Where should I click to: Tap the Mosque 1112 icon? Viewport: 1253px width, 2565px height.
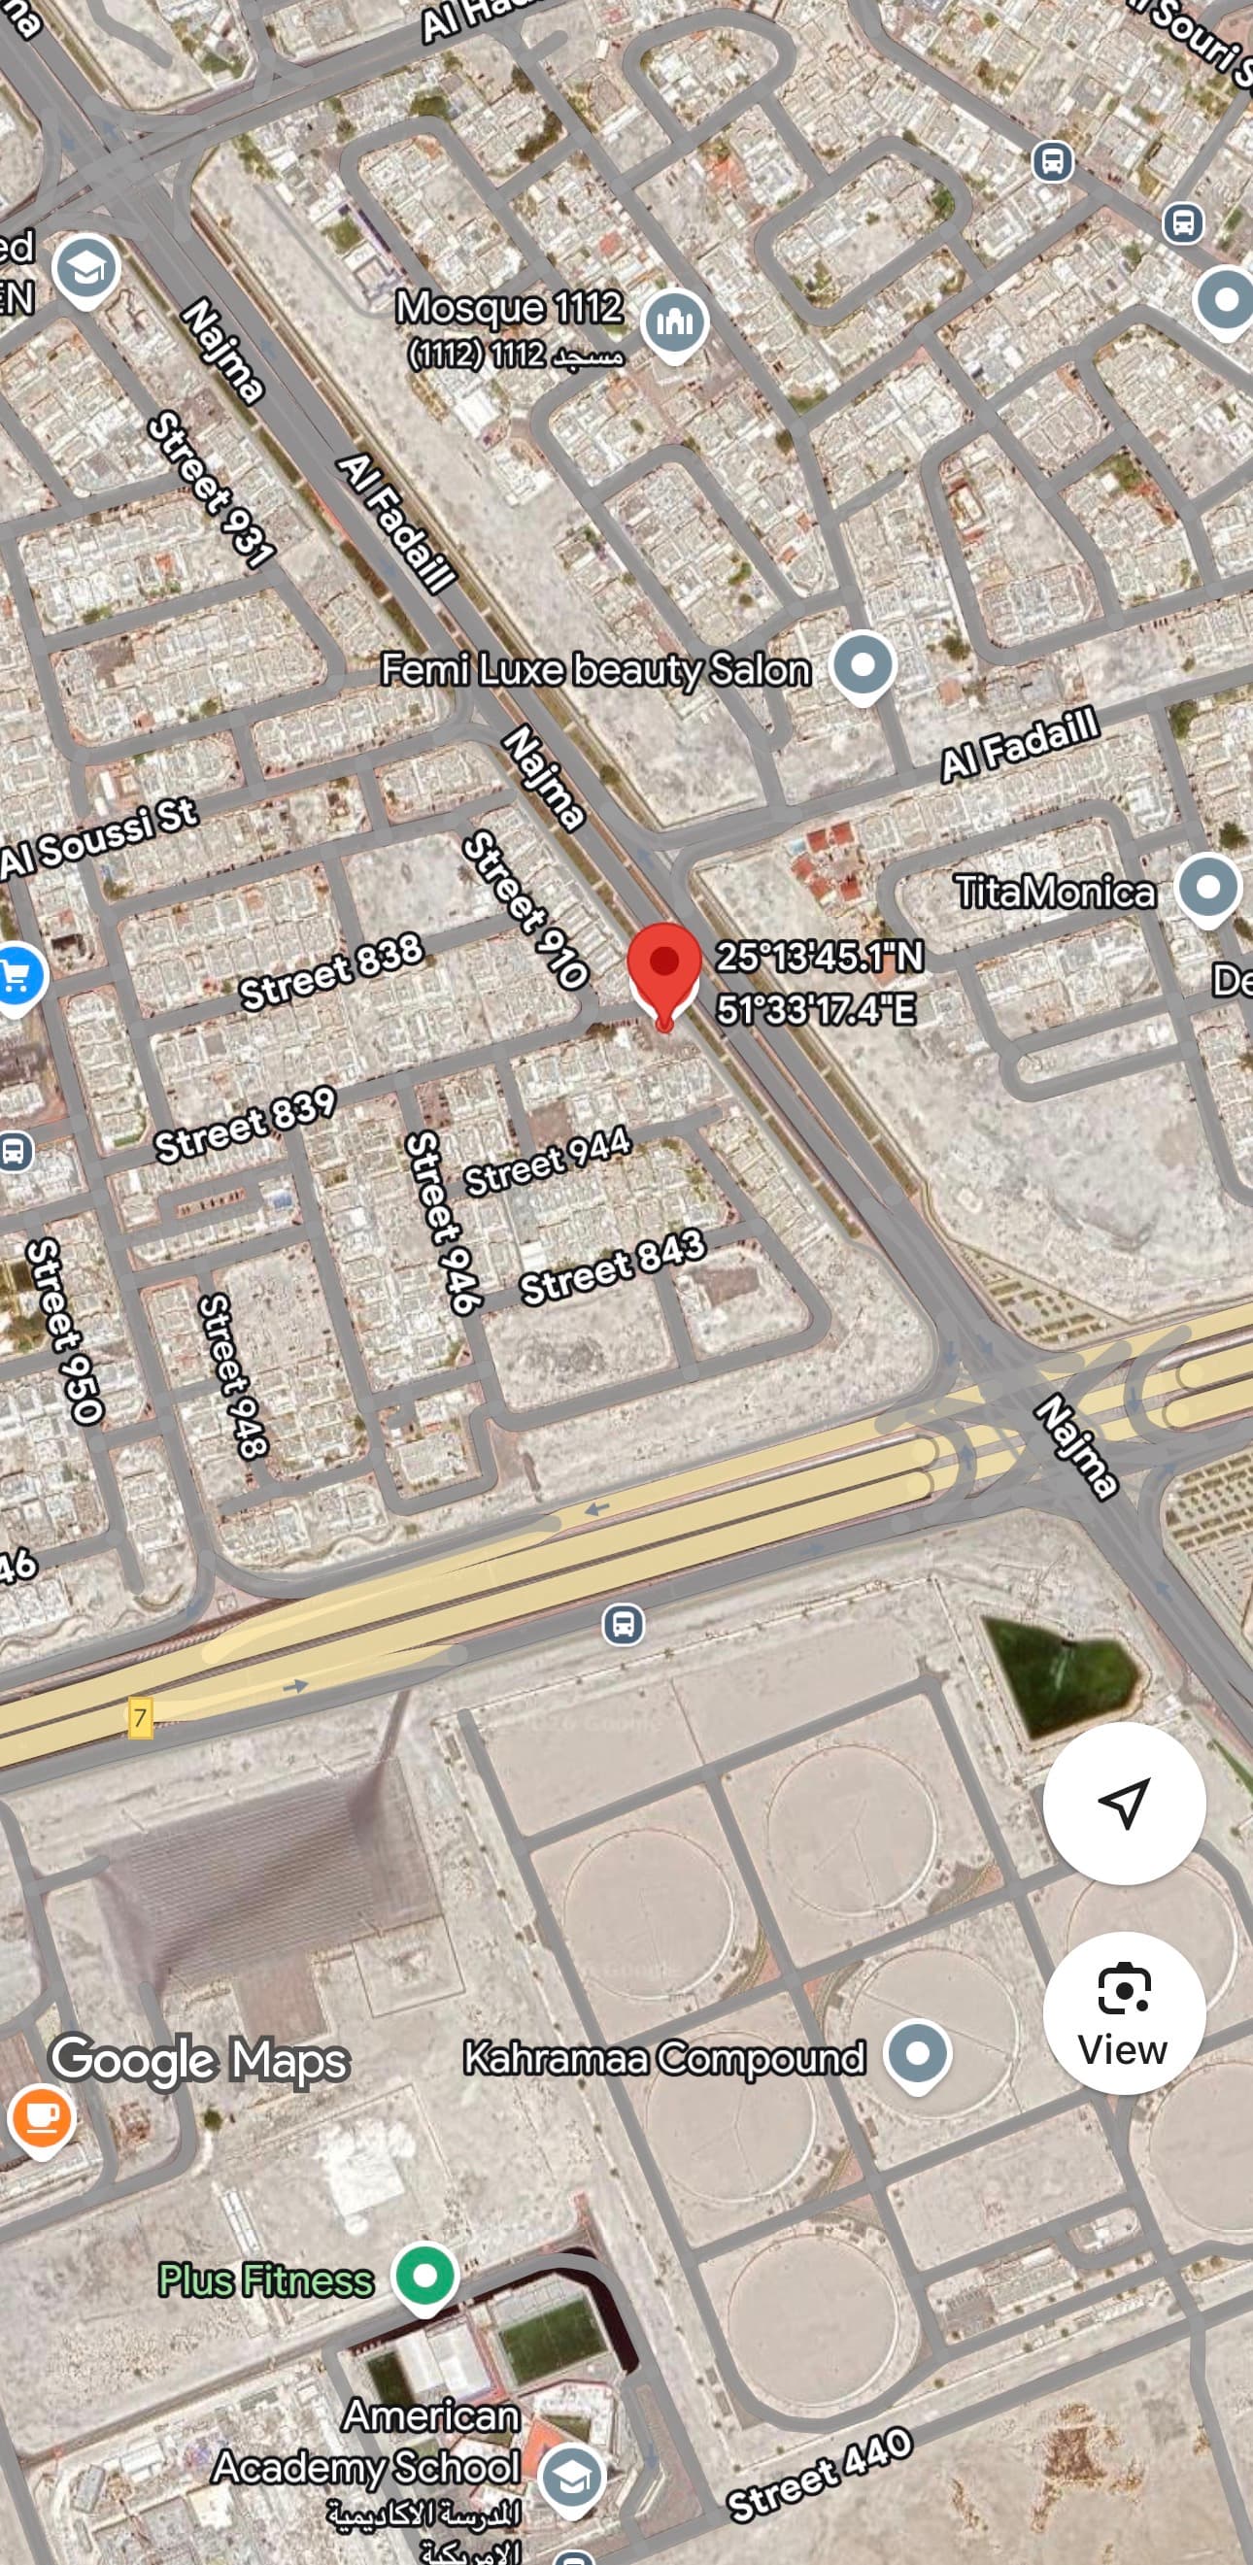point(674,322)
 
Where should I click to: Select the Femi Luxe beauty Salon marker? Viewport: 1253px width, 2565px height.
point(863,664)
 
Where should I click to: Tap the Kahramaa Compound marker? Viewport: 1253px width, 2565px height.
point(917,2053)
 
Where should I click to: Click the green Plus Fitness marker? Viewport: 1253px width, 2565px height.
point(425,2275)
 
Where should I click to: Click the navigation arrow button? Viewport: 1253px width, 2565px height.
point(1124,1803)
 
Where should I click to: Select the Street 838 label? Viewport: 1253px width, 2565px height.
point(331,972)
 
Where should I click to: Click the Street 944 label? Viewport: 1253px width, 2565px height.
point(547,1161)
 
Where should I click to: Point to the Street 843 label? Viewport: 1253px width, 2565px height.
point(613,1266)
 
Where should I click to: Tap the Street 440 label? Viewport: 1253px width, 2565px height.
point(819,2473)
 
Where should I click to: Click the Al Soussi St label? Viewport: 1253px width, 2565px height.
point(100,838)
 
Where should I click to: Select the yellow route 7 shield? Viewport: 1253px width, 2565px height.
point(140,1718)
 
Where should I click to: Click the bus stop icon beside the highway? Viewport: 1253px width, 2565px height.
point(624,1624)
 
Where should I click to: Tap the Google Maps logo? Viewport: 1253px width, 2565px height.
point(199,2059)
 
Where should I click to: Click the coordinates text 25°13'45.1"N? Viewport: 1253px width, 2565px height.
point(819,957)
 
